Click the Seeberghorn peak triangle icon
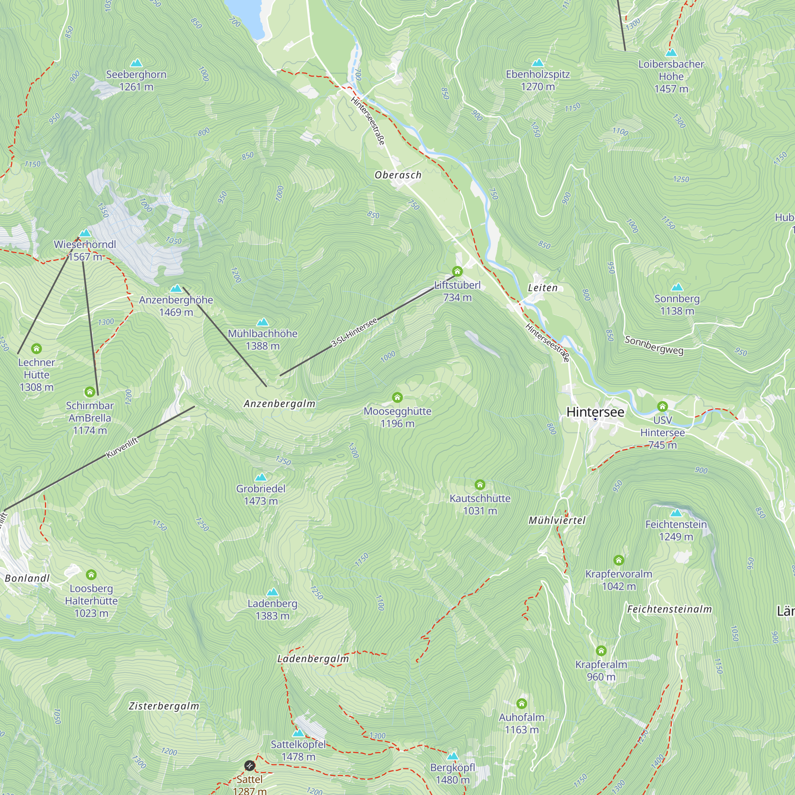[136, 63]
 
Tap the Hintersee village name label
[595, 412]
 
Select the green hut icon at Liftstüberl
[457, 271]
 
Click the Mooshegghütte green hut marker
[397, 397]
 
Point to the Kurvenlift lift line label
[122, 448]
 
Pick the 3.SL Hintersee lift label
[354, 332]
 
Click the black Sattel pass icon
[249, 765]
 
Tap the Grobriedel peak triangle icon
[260, 477]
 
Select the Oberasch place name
[398, 175]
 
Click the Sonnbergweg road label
[654, 345]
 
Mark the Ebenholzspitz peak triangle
[537, 63]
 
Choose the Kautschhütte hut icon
[480, 485]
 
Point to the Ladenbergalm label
[313, 659]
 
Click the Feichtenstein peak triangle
[676, 513]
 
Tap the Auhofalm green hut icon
[522, 703]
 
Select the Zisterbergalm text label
[164, 706]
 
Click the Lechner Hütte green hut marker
[36, 349]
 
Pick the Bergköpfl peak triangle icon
[453, 756]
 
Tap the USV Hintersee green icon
[662, 407]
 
